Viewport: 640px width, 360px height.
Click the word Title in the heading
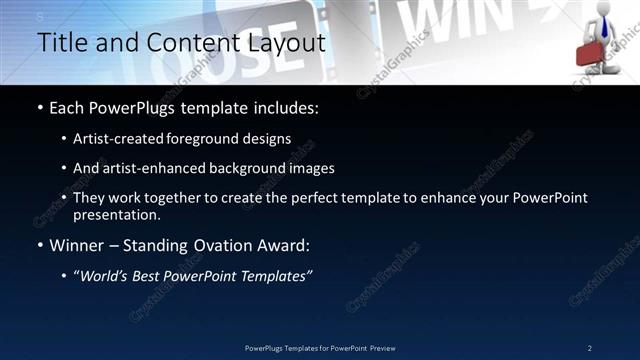(59, 43)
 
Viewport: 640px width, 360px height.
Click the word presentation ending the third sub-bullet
(117, 214)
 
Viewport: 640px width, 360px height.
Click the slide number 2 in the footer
(590, 347)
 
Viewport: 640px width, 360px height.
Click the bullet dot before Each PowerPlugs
(40, 107)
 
